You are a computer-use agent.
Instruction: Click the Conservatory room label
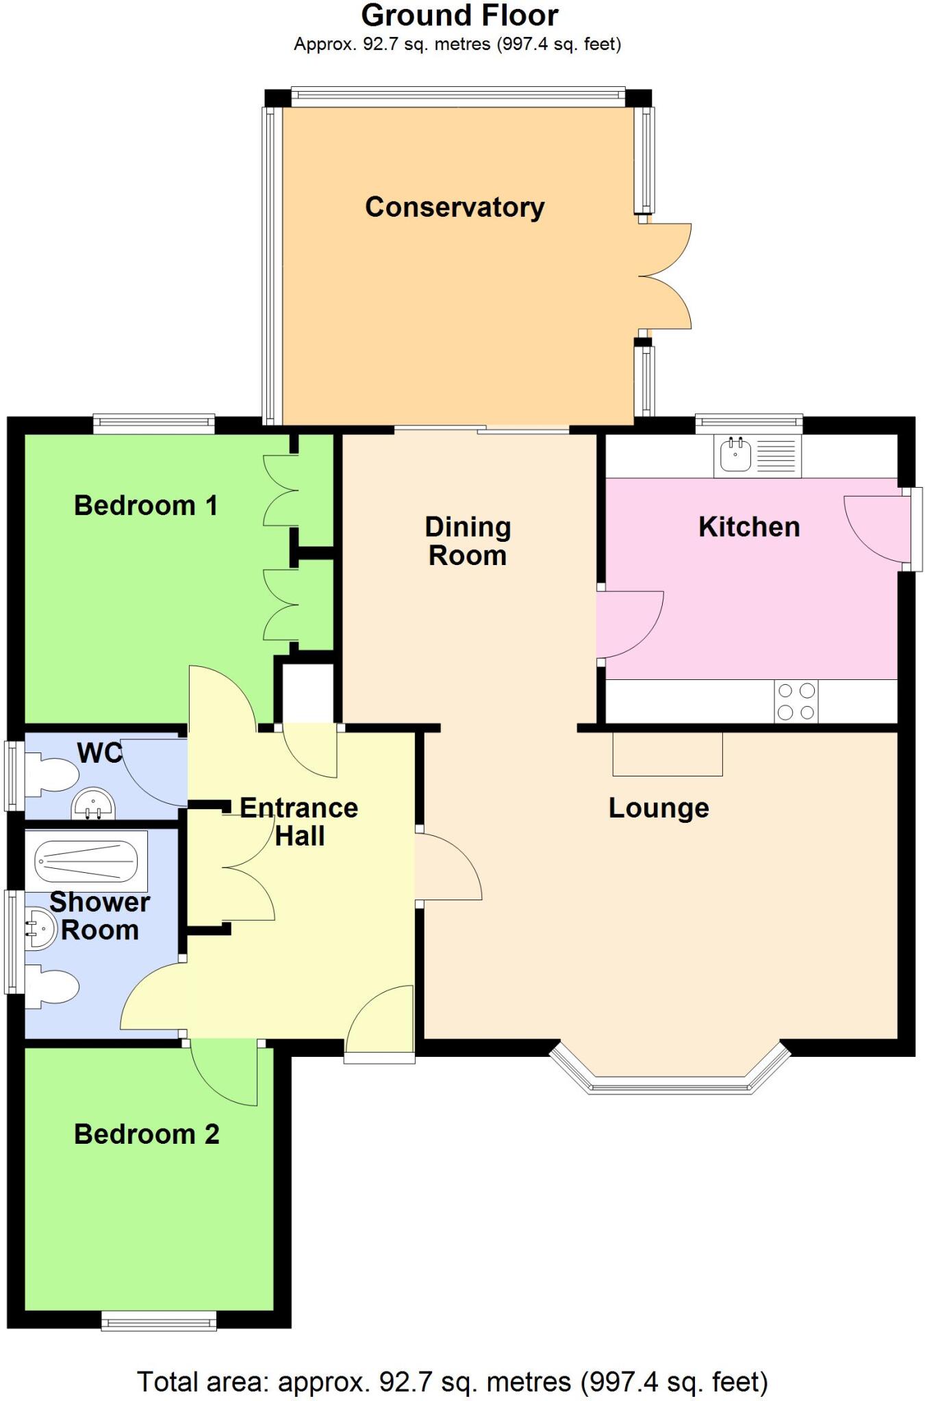(455, 207)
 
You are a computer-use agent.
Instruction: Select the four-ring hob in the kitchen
(796, 701)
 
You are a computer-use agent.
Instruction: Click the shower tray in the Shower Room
(86, 861)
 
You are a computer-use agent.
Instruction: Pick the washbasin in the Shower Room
(40, 929)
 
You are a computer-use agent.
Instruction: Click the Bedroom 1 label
(146, 506)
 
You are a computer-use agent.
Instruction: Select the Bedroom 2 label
(147, 1134)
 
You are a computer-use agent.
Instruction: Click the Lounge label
(659, 808)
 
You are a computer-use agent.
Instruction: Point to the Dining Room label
(468, 541)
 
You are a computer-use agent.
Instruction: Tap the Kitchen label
(749, 527)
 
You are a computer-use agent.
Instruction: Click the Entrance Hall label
(299, 822)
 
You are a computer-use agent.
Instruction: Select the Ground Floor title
(460, 15)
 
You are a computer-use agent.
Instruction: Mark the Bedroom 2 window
(159, 1320)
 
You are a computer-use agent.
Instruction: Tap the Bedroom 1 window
(154, 424)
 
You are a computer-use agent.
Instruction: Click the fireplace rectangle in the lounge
(668, 754)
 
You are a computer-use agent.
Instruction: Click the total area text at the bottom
(453, 1382)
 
